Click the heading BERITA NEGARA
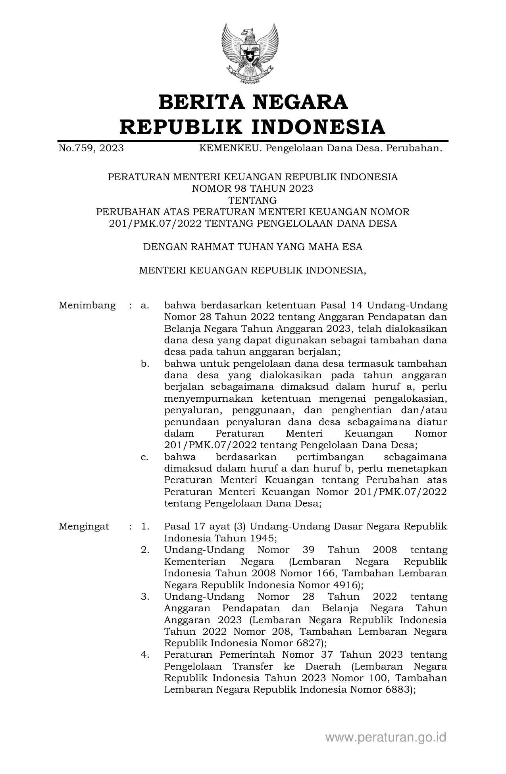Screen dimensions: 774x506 [253, 102]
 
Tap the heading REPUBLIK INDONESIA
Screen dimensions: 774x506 [253, 127]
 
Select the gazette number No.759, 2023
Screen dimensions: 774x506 [91, 148]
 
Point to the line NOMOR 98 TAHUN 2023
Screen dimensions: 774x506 [252, 189]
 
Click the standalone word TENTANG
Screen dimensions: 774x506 [252, 200]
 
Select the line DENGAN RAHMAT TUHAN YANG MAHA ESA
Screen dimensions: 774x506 [252, 247]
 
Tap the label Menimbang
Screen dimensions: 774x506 [87, 305]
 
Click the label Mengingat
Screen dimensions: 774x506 [84, 526]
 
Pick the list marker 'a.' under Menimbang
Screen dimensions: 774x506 [145, 305]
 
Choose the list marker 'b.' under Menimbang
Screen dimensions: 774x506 [145, 364]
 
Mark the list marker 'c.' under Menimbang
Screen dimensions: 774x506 [145, 457]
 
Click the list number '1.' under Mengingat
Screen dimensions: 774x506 [145, 526]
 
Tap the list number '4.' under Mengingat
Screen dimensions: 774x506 [145, 655]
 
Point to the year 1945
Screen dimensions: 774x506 [260, 538]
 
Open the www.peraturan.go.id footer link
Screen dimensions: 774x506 [385, 737]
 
